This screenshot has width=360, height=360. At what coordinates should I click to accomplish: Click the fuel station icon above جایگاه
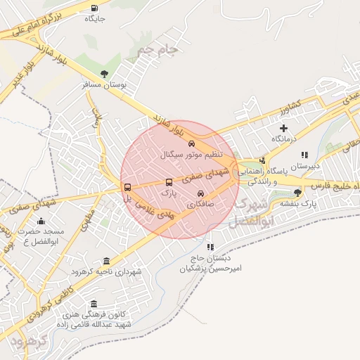(x=94, y=8)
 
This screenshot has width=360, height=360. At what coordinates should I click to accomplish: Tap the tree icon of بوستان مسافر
(x=104, y=72)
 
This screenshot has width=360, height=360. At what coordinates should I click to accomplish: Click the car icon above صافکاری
(x=200, y=193)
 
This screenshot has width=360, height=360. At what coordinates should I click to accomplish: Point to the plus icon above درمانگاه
(x=283, y=128)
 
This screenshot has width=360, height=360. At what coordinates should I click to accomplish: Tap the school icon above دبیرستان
(x=304, y=155)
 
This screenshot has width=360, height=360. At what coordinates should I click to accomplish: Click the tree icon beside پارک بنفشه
(x=297, y=192)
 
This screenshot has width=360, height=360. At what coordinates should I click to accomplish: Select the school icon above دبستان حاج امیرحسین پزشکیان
(x=210, y=247)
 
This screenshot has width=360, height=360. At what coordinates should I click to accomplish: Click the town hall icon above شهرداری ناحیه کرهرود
(x=106, y=261)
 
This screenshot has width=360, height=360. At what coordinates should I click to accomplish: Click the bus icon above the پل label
(x=127, y=187)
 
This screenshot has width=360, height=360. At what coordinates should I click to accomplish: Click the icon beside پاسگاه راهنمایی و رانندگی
(x=262, y=160)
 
